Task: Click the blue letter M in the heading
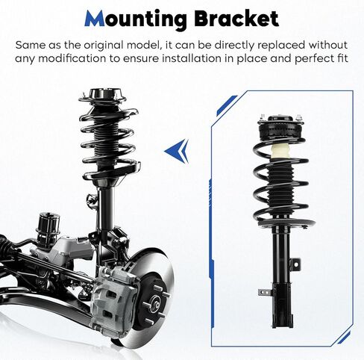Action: click(x=95, y=19)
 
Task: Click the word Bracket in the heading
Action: click(x=236, y=19)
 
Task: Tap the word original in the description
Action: click(x=104, y=46)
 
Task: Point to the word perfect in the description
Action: click(x=311, y=59)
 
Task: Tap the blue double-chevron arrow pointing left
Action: click(x=177, y=151)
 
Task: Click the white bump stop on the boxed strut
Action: click(x=278, y=151)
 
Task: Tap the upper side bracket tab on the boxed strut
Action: click(x=296, y=264)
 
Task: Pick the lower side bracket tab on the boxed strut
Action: click(x=264, y=292)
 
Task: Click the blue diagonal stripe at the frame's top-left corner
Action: click(x=226, y=105)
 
